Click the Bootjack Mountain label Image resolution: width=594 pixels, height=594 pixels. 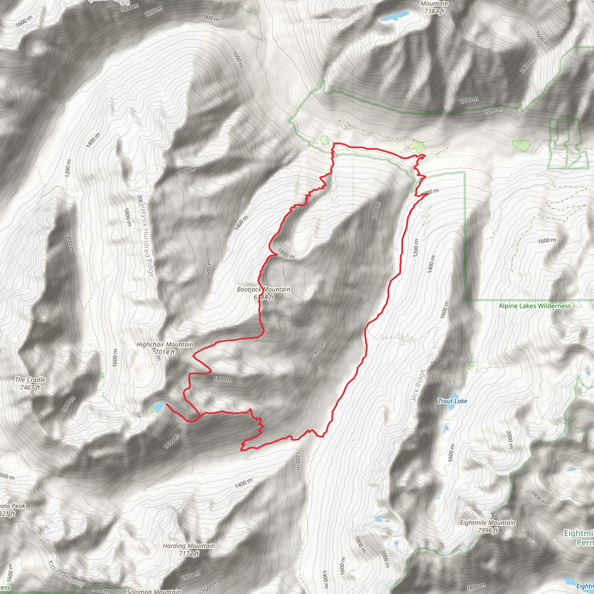(x=263, y=289)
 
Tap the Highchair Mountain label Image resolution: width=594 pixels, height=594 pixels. (x=165, y=345)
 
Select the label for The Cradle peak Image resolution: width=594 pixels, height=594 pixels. (x=30, y=380)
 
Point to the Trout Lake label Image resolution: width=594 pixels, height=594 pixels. (x=452, y=401)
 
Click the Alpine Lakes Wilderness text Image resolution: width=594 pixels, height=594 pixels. (x=535, y=306)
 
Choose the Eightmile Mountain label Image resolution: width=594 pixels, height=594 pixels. (x=488, y=523)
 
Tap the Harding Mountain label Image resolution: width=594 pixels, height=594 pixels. (x=189, y=546)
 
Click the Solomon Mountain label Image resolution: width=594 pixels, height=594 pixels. (x=154, y=591)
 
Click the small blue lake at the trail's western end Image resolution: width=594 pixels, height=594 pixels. (x=159, y=407)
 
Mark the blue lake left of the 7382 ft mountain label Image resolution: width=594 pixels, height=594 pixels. (x=395, y=15)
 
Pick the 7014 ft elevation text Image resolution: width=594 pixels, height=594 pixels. (x=165, y=352)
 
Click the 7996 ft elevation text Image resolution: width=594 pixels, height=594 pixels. (x=488, y=530)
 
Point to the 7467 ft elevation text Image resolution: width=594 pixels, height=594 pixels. (x=30, y=387)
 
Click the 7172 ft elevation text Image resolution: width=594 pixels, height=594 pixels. (x=189, y=553)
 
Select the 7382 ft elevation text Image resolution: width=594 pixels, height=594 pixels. (x=434, y=11)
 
